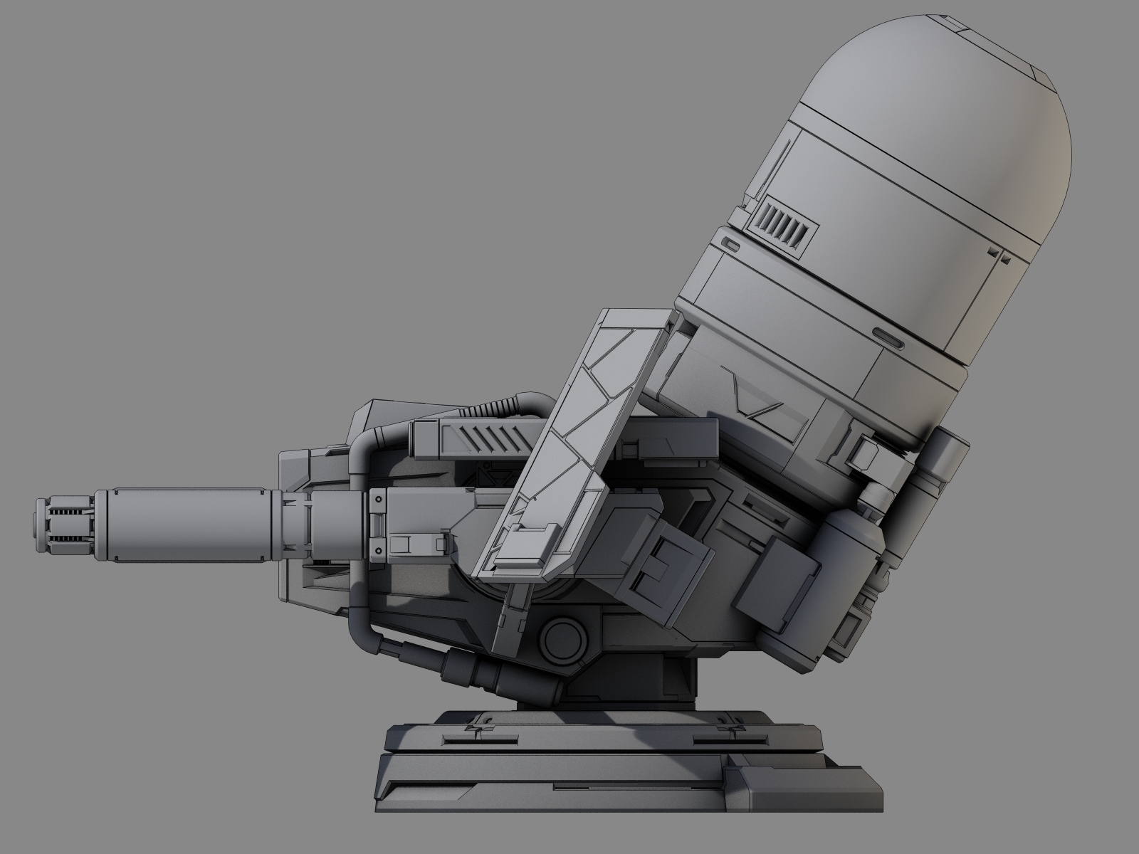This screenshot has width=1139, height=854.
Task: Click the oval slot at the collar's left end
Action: [x=730, y=244]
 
